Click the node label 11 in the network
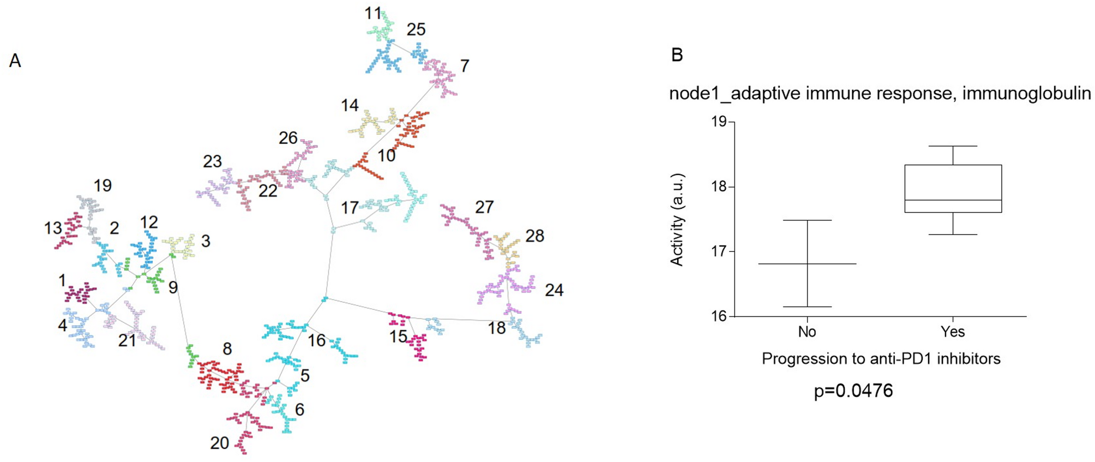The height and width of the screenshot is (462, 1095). [373, 13]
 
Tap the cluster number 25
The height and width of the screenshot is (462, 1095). [416, 29]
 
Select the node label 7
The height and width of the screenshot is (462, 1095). [464, 66]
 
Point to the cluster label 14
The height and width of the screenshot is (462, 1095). [350, 105]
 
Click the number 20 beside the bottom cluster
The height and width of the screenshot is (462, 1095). [220, 443]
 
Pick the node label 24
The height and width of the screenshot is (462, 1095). [554, 290]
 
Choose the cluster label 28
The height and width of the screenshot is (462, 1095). [534, 236]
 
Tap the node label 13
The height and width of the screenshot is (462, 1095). [53, 228]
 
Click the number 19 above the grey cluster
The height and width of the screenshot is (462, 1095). [103, 185]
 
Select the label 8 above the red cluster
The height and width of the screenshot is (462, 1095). [227, 349]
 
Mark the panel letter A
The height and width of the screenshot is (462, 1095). [15, 61]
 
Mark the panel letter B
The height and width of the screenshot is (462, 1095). [677, 55]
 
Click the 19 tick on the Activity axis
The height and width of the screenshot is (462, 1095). [719, 122]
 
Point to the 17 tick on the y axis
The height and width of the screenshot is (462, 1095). [719, 251]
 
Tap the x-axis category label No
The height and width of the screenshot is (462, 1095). [807, 332]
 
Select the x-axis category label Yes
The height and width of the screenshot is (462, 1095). [952, 332]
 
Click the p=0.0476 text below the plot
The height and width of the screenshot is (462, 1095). [853, 391]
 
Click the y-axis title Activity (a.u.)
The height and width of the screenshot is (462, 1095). [677, 220]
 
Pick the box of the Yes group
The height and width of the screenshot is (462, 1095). [953, 189]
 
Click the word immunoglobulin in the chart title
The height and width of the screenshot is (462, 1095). [1026, 94]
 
